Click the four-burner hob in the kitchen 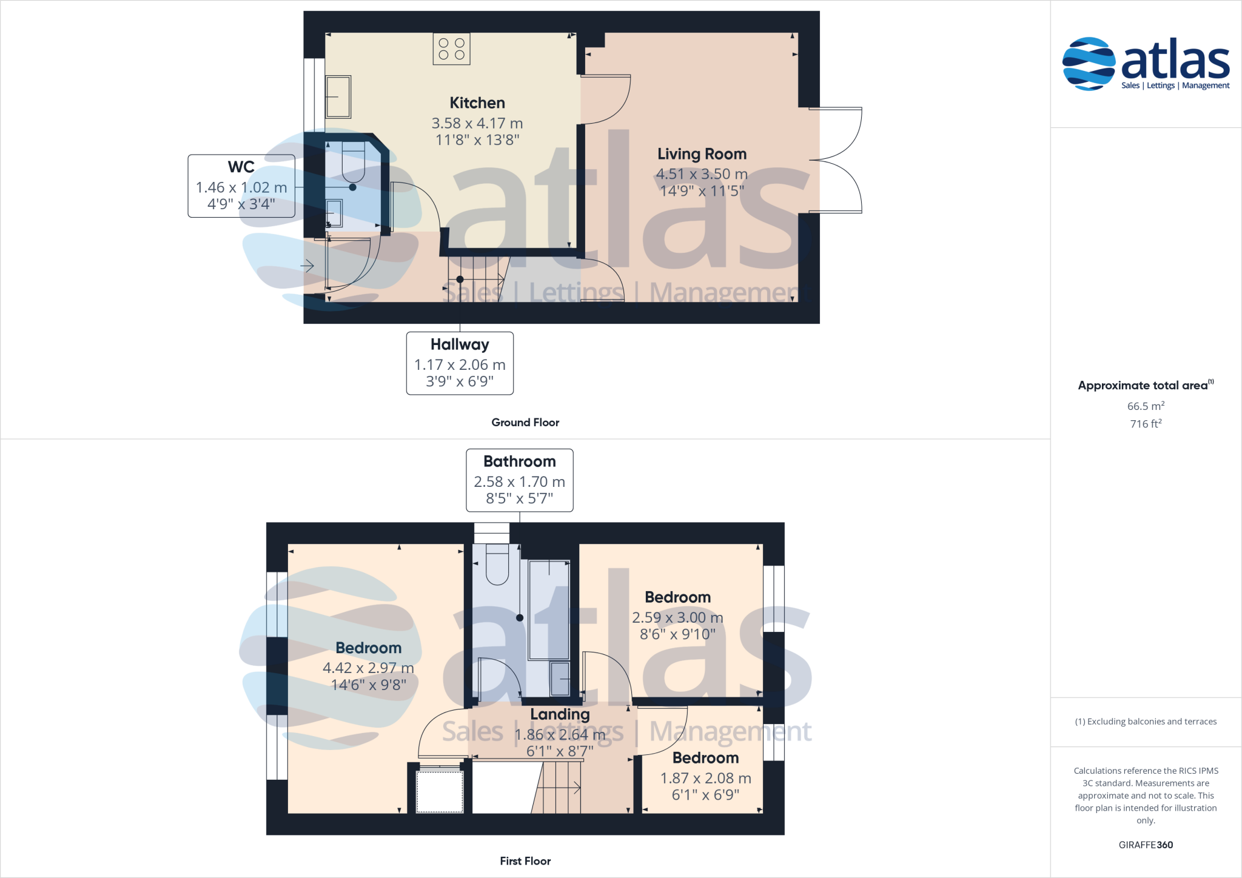pos(451,49)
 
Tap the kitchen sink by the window pos(338,96)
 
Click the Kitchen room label pos(477,103)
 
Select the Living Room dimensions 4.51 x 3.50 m pos(702,175)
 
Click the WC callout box pos(241,186)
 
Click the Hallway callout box pos(460,363)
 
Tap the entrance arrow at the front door pos(307,266)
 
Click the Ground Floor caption pos(525,423)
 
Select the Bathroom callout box pos(520,480)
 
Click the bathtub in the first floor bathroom pos(549,609)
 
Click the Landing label pos(560,714)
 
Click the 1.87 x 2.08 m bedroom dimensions pos(705,779)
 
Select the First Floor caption pos(525,861)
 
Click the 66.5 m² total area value pos(1146,406)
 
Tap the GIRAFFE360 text pos(1146,845)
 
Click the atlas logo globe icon pos(1089,64)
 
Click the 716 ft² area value pos(1146,424)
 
